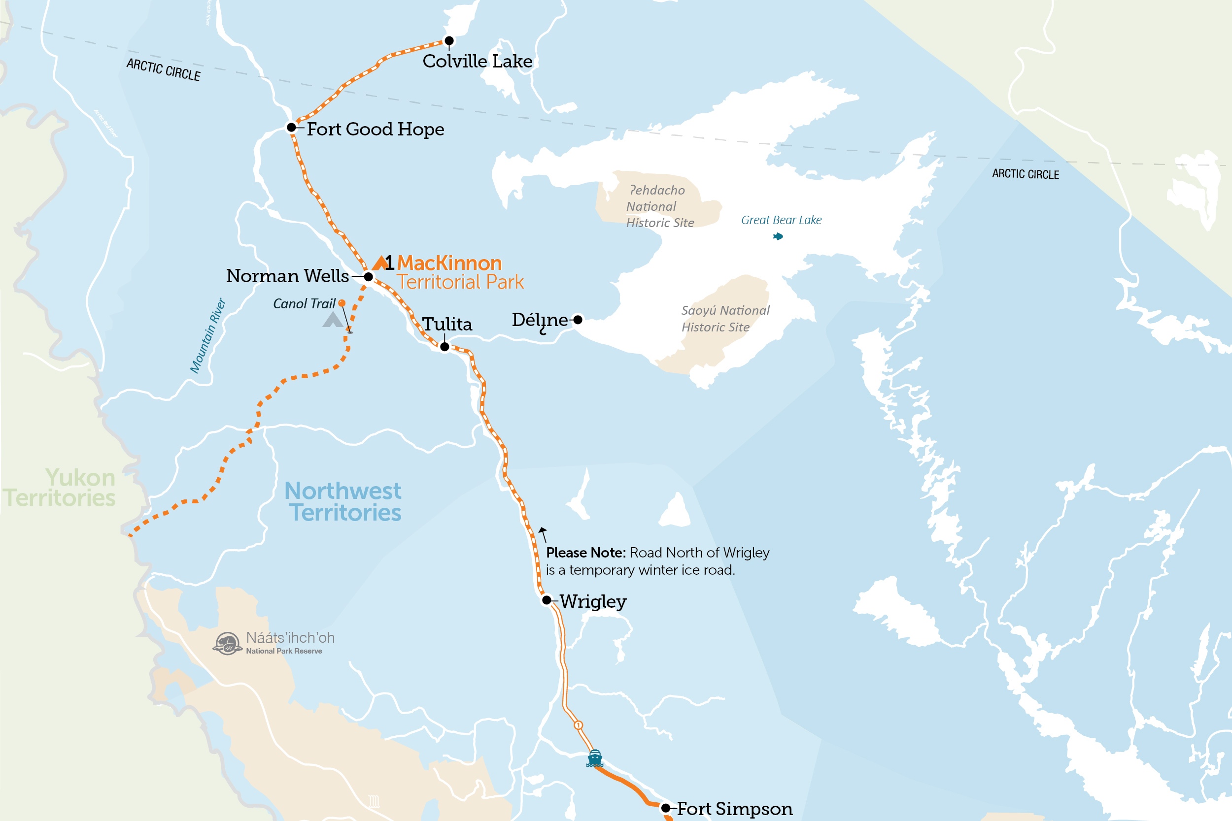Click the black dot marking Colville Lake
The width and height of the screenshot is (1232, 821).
tap(449, 40)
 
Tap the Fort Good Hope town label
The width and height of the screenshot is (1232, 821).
tap(375, 129)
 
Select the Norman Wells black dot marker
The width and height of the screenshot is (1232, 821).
tap(368, 276)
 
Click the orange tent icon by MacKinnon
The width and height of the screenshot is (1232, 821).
tap(380, 263)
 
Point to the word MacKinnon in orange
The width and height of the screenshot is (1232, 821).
tap(449, 263)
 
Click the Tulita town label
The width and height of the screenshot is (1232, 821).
tap(447, 324)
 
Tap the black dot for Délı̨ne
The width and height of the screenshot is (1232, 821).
tap(578, 320)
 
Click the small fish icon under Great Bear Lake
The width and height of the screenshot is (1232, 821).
tap(778, 237)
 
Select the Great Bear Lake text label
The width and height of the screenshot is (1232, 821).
tap(781, 220)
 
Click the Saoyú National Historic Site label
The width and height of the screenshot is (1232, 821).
tap(725, 318)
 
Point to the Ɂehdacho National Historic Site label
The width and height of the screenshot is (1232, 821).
tap(659, 206)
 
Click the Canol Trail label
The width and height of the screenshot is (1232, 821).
tap(304, 304)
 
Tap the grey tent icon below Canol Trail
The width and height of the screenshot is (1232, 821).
tap(332, 320)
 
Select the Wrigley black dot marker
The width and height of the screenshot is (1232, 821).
tap(547, 600)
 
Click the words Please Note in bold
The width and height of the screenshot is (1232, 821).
tap(585, 553)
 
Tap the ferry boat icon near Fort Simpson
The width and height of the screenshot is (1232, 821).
tap(594, 757)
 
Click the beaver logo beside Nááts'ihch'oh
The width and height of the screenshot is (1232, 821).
tap(227, 644)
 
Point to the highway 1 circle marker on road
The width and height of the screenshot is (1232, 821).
tap(578, 725)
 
